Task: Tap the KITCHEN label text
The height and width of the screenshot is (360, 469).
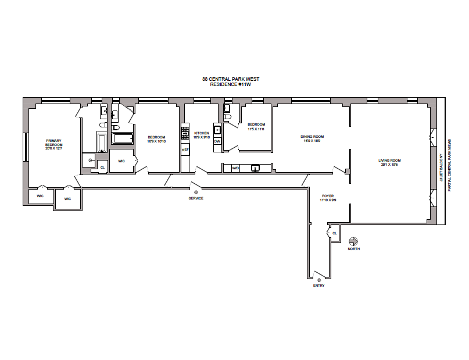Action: click(201, 133)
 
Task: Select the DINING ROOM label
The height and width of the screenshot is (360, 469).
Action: click(312, 137)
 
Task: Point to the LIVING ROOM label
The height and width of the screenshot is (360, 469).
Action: click(390, 161)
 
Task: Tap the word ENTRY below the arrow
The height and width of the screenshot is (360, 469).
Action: click(318, 286)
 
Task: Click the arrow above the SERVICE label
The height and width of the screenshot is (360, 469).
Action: click(196, 191)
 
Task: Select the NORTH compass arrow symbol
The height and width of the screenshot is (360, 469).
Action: click(353, 241)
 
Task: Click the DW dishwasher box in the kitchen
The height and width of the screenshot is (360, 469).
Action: click(217, 141)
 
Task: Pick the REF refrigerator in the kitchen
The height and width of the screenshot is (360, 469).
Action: click(185, 149)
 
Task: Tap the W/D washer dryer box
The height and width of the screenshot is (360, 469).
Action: click(235, 168)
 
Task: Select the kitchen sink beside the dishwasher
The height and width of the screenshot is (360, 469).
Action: click(217, 130)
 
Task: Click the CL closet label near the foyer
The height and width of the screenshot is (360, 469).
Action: click(334, 233)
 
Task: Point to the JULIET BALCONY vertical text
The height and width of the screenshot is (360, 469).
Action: click(442, 168)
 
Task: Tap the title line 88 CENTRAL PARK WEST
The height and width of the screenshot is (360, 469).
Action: click(230, 79)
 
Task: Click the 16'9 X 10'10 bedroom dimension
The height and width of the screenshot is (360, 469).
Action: click(156, 141)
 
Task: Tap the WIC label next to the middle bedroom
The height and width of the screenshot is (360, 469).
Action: click(122, 161)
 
